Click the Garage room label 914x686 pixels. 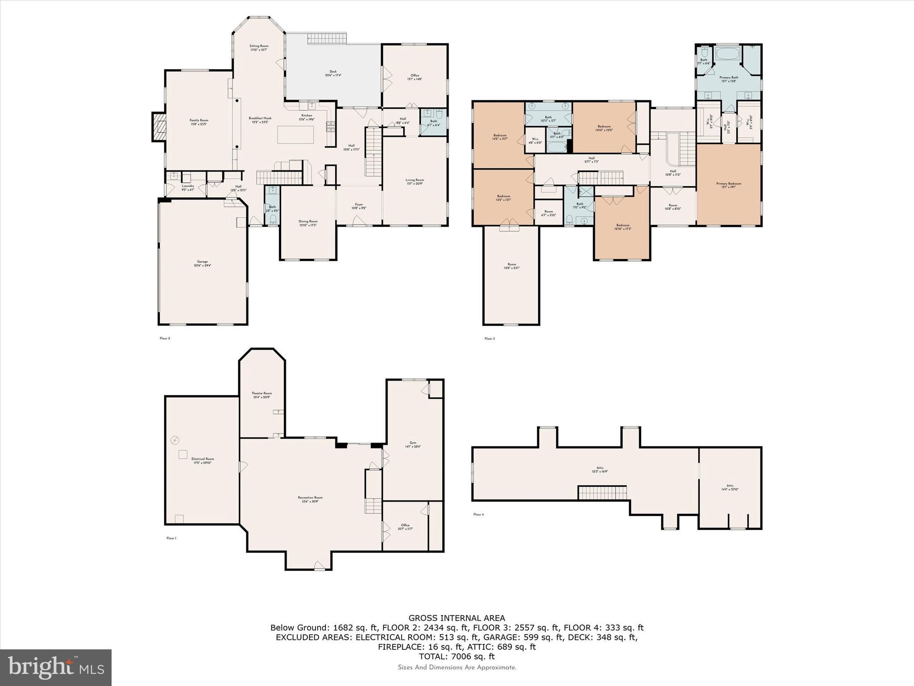pyautogui.click(x=203, y=264)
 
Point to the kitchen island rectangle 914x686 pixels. pyautogui.click(x=295, y=134)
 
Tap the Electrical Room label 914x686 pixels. pyautogui.click(x=203, y=460)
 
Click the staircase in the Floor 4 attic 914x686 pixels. pyautogui.click(x=602, y=493)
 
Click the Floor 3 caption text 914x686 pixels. pyautogui.click(x=489, y=339)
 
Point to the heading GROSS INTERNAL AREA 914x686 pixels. pyautogui.click(x=457, y=618)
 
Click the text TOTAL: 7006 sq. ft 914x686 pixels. pyautogui.click(x=457, y=657)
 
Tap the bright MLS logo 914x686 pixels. pyautogui.click(x=56, y=668)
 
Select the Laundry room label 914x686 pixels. pyautogui.click(x=187, y=188)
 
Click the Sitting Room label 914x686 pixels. pyautogui.click(x=258, y=48)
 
